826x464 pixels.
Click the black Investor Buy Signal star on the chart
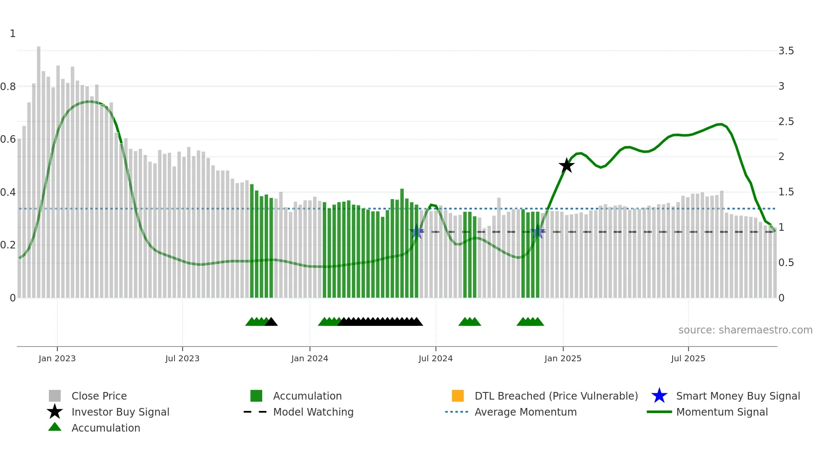(566, 165)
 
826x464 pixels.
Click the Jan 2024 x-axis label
(309, 358)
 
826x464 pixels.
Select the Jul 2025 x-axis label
(688, 358)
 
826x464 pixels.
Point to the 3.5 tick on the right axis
(786, 51)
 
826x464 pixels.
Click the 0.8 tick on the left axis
(8, 87)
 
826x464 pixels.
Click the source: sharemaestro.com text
(745, 330)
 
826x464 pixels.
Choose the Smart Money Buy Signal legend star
(659, 396)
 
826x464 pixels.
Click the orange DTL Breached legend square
(458, 396)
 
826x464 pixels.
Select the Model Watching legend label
(313, 412)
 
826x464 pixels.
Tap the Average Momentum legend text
(526, 412)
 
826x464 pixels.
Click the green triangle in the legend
(55, 427)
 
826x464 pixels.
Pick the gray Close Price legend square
(55, 396)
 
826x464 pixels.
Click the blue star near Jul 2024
(416, 232)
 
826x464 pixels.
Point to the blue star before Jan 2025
(537, 232)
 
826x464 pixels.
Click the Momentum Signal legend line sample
(659, 412)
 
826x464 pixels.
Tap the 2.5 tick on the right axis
(786, 122)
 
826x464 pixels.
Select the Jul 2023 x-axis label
(182, 358)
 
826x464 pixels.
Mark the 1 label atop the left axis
(13, 34)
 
